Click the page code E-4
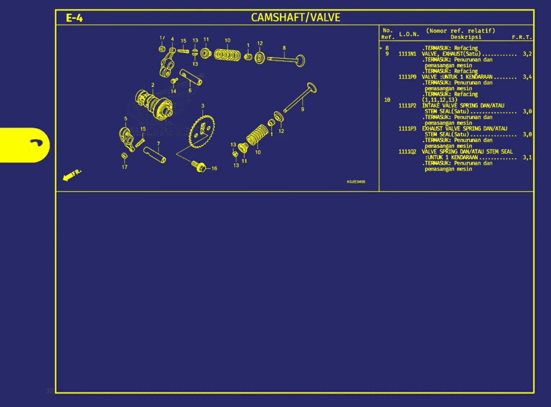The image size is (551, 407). click(x=74, y=18)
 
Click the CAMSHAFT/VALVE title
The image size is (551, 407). click(x=295, y=17)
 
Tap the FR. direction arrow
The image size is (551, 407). click(x=71, y=175)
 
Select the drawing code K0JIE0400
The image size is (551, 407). click(x=356, y=182)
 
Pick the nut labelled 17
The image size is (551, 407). click(x=124, y=156)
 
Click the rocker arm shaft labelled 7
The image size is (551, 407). click(x=155, y=154)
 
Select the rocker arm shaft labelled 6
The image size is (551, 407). click(x=191, y=77)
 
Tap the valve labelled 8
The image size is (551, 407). click(x=287, y=60)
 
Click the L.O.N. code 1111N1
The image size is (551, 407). click(x=407, y=54)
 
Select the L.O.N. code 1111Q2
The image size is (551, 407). click(x=407, y=152)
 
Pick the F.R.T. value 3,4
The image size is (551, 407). click(x=527, y=77)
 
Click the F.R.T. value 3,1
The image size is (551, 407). click(x=527, y=157)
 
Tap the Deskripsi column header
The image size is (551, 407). click(x=466, y=37)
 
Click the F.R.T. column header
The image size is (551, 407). click(x=521, y=37)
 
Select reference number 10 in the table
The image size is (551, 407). click(x=387, y=100)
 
